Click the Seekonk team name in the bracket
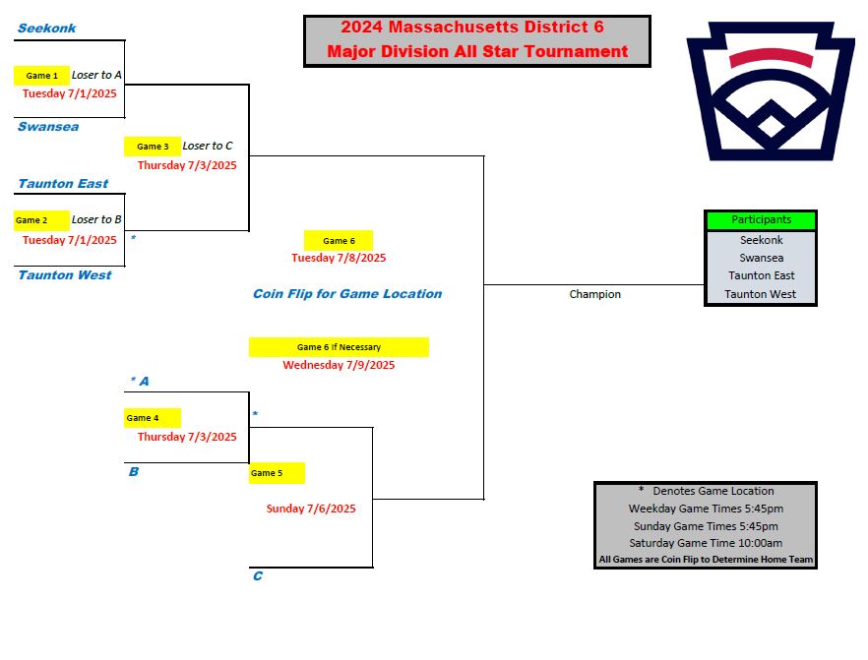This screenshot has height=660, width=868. coord(46,29)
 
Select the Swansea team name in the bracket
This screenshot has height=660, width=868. coord(48,127)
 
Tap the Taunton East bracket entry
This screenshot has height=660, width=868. coord(63,184)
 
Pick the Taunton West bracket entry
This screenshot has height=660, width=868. coord(65,275)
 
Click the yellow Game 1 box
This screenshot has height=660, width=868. coord(41,75)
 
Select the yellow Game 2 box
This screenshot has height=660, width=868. coord(41,220)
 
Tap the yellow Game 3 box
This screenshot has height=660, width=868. coord(153,147)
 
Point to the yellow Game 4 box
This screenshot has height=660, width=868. coord(153,418)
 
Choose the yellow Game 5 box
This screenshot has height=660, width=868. coord(277,473)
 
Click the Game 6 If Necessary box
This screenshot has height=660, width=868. coord(339,347)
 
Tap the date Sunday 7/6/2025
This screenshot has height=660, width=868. coord(311,509)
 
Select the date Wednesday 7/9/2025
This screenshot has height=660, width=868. coord(339,365)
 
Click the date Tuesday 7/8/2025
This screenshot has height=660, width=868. coord(339,258)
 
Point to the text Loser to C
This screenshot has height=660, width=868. coord(208,146)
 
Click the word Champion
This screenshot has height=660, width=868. coord(595,294)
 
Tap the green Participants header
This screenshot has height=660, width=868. coord(761,220)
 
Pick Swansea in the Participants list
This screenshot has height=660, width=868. coord(761,258)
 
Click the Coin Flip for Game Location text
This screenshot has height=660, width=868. coord(347,294)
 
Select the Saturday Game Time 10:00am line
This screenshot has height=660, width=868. coord(706,543)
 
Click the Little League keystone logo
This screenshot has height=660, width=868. coord(771,91)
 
